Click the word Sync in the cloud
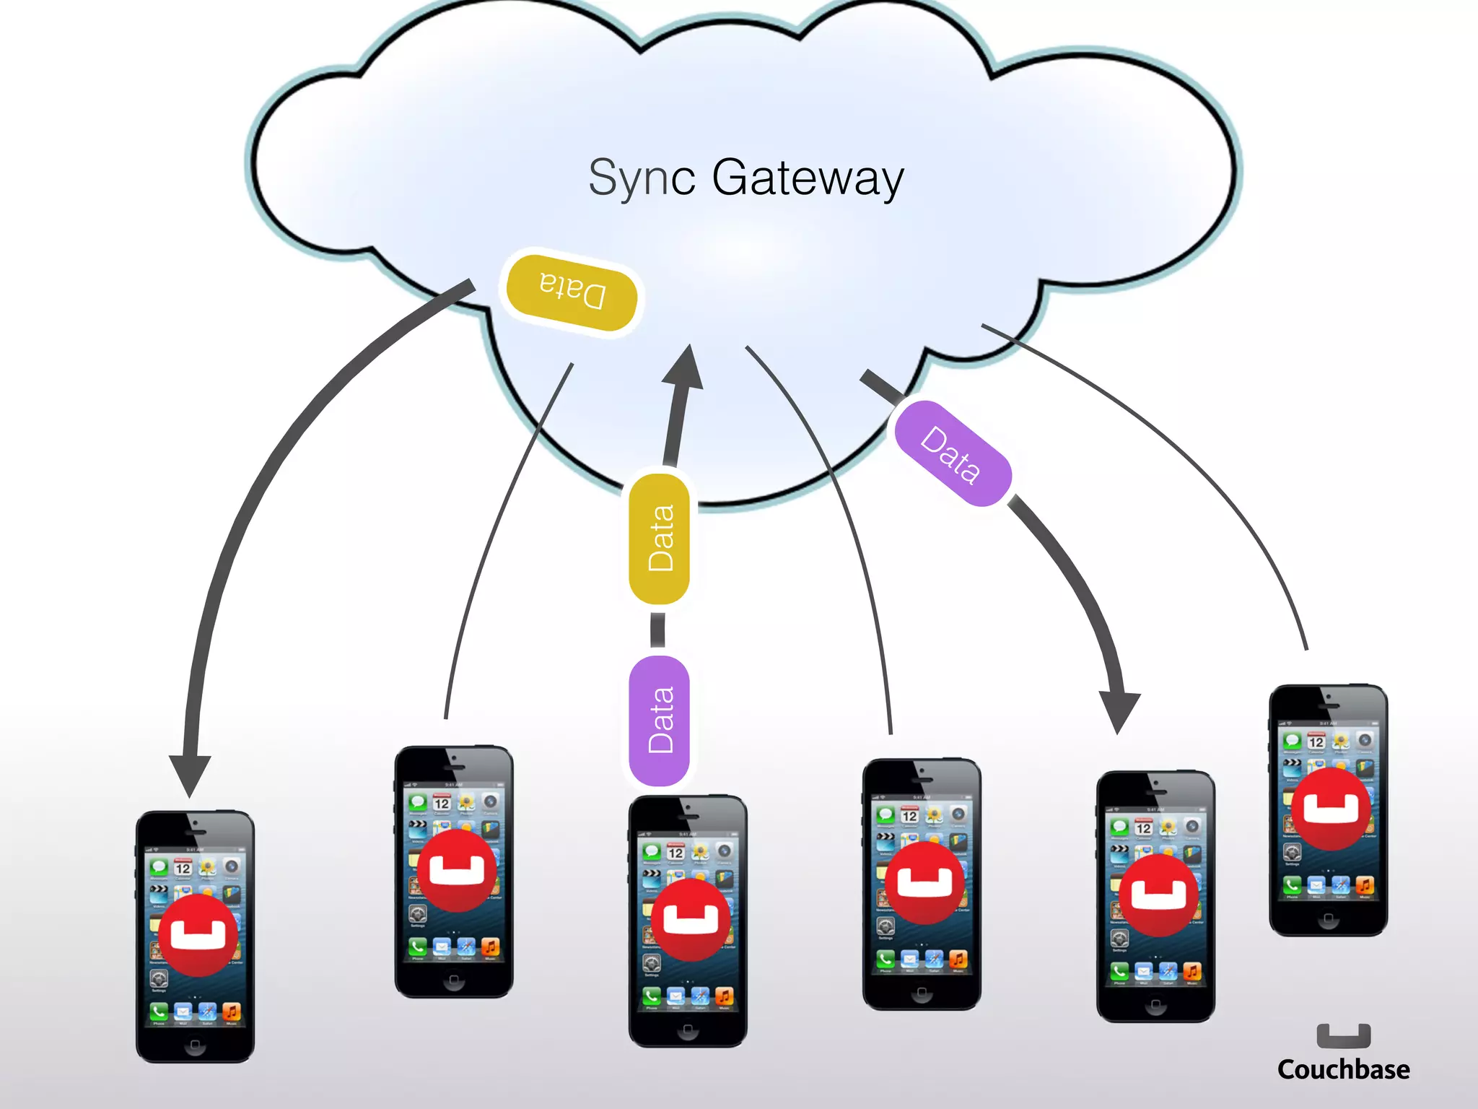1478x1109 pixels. [642, 178]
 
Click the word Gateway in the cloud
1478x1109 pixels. [808, 178]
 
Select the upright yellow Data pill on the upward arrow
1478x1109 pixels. [660, 539]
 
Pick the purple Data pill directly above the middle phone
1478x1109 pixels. [660, 721]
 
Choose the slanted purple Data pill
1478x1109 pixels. [952, 453]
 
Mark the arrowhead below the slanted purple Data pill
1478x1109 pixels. [1119, 711]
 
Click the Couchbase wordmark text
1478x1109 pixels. [1343, 1069]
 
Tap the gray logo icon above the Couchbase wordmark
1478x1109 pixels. [1343, 1035]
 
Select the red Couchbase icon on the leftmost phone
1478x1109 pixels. [198, 936]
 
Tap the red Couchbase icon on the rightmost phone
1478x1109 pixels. [1331, 809]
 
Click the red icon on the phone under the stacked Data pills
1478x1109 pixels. [691, 919]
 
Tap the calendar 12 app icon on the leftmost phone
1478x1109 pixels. [183, 867]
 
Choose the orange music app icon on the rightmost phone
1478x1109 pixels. [1365, 885]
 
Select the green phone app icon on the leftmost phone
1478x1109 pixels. [159, 1012]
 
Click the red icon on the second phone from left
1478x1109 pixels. [457, 871]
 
